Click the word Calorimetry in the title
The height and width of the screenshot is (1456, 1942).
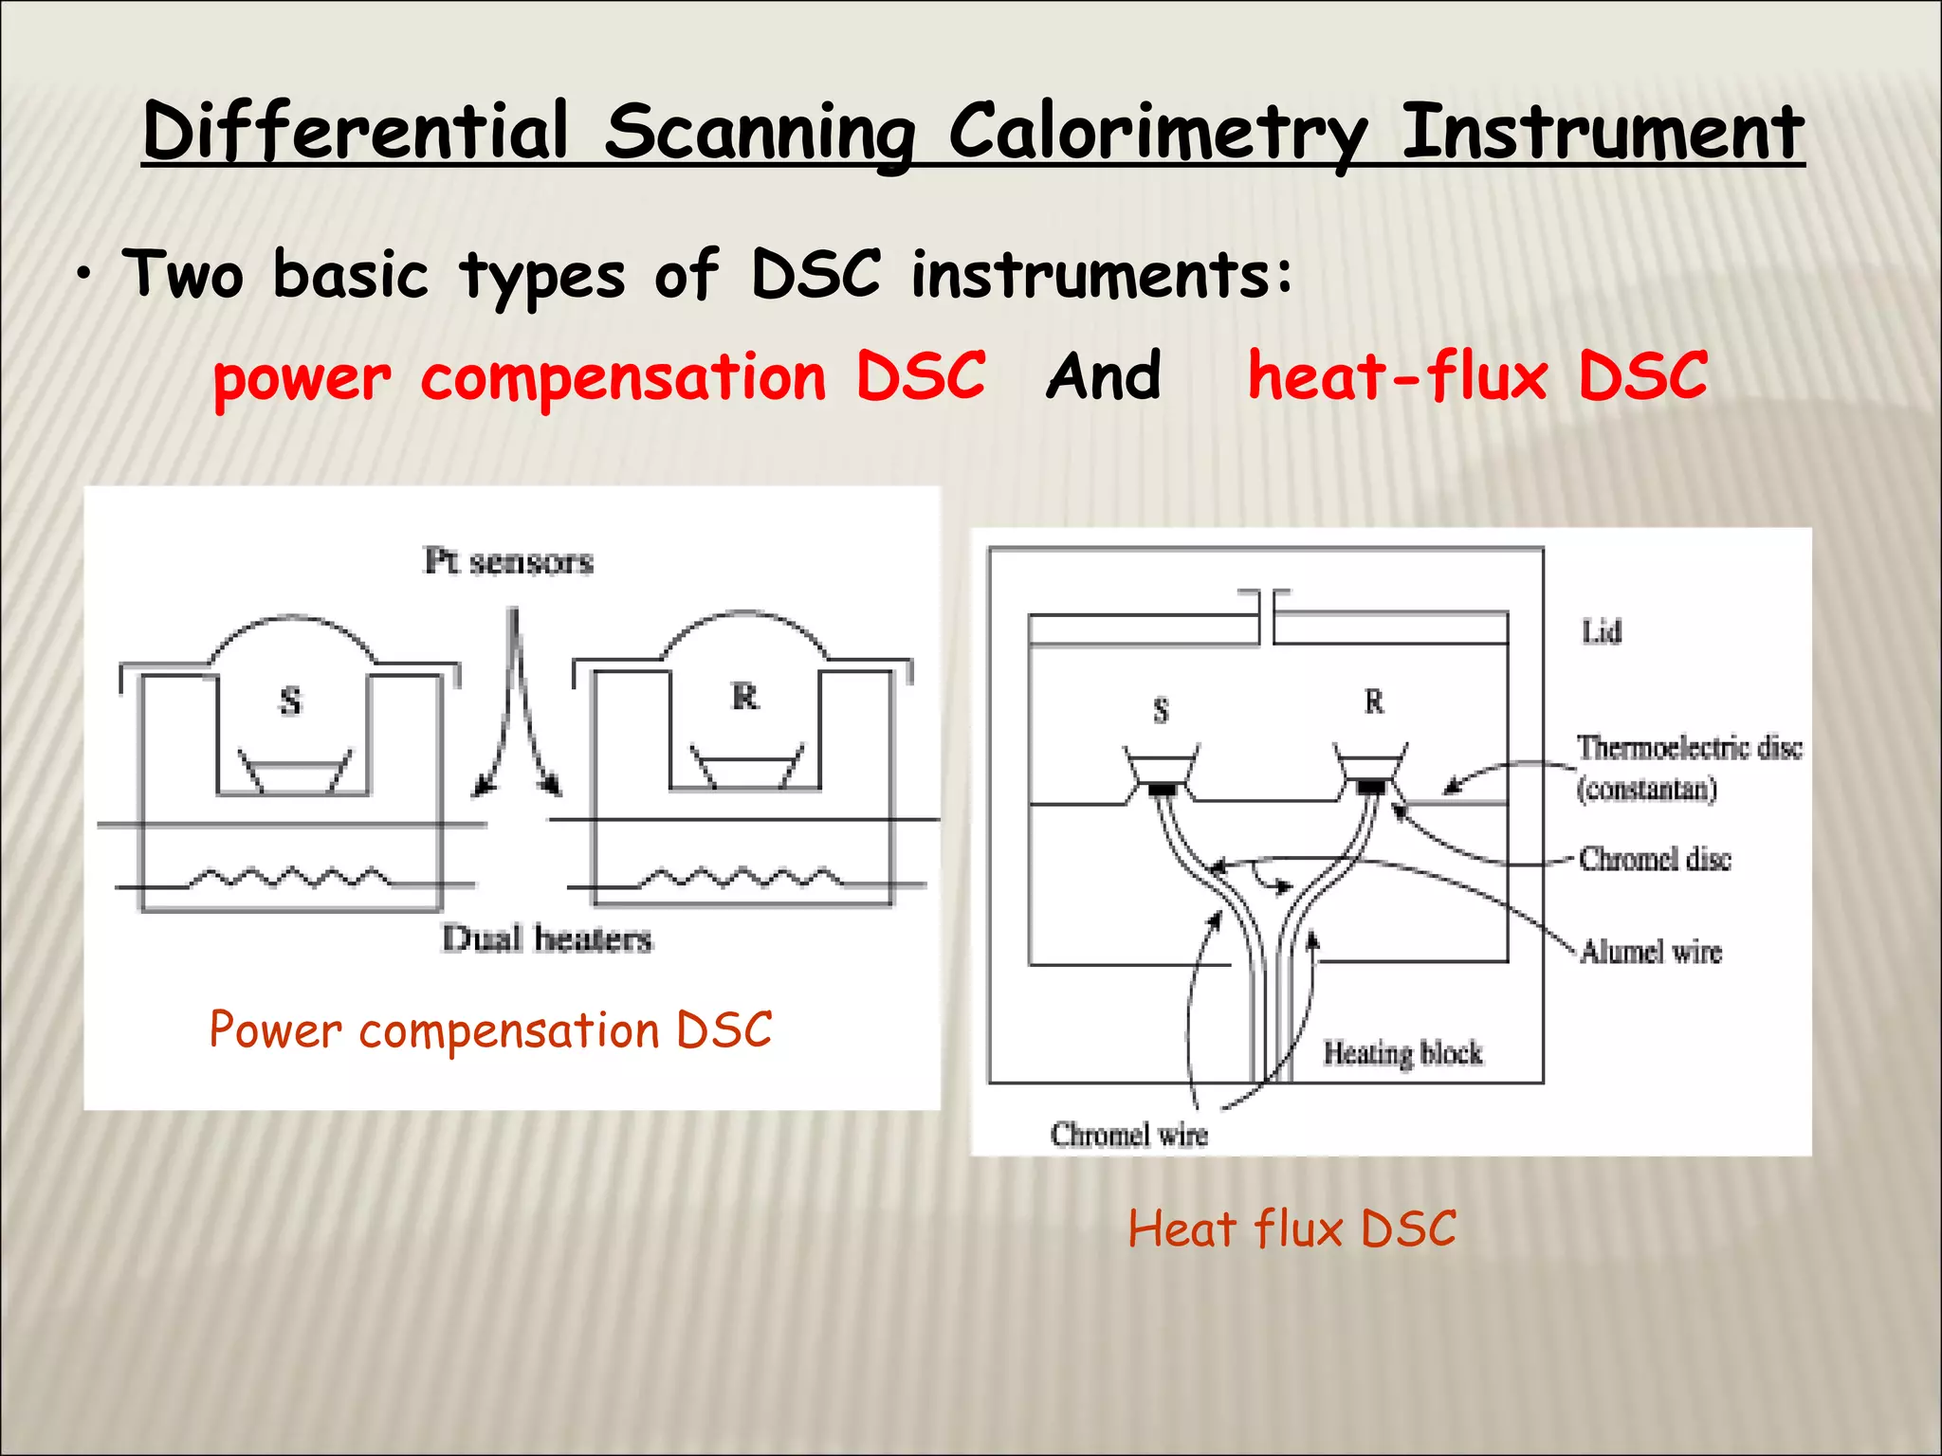pos(1157,133)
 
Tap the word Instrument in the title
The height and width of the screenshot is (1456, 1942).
pos(1603,133)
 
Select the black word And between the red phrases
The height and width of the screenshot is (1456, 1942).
pos(1104,375)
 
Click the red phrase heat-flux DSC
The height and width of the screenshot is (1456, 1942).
pos(1477,375)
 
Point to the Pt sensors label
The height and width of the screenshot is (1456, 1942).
pos(508,561)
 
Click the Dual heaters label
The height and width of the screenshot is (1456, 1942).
pos(547,938)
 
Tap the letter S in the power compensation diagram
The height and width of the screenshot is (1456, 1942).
pos(290,701)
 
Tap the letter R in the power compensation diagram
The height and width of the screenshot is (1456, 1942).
pos(745,698)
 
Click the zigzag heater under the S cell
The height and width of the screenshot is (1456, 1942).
pos(289,878)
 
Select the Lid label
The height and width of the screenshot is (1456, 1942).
pos(1602,632)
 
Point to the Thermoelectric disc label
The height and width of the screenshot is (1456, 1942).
pos(1689,749)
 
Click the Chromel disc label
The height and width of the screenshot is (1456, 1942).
pos(1655,859)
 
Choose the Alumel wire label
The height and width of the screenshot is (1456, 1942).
pos(1651,951)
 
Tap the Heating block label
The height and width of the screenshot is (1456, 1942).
pos(1402,1053)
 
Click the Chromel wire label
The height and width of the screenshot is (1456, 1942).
pos(1128,1135)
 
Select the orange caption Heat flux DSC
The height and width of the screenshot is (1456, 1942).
pos(1292,1229)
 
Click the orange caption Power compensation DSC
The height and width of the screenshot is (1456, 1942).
pos(490,1030)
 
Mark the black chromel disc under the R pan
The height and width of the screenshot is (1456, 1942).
pos(1371,787)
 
